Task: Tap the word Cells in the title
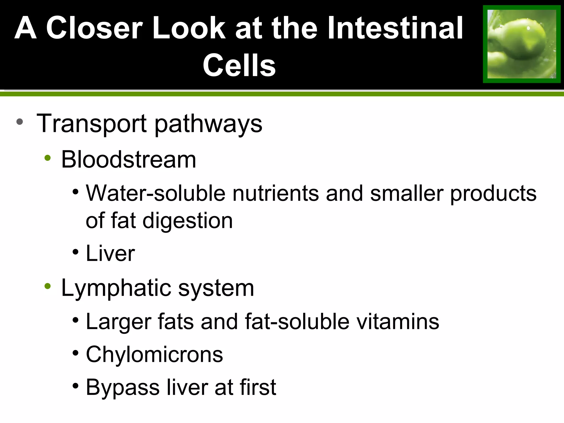point(239,66)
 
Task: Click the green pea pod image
point(522,44)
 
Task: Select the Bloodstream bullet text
point(128,160)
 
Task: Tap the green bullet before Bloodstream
point(48,158)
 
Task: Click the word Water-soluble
point(156,193)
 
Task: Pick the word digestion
point(188,221)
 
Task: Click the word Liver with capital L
point(110,253)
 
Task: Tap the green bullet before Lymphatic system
point(48,286)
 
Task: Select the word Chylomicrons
point(154,355)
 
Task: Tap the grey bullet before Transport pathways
point(20,122)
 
